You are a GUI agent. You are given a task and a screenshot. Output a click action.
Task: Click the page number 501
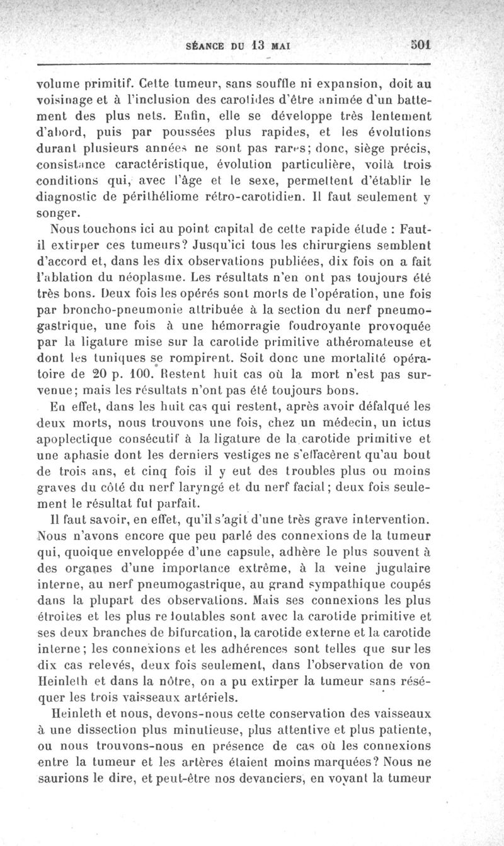click(420, 45)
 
